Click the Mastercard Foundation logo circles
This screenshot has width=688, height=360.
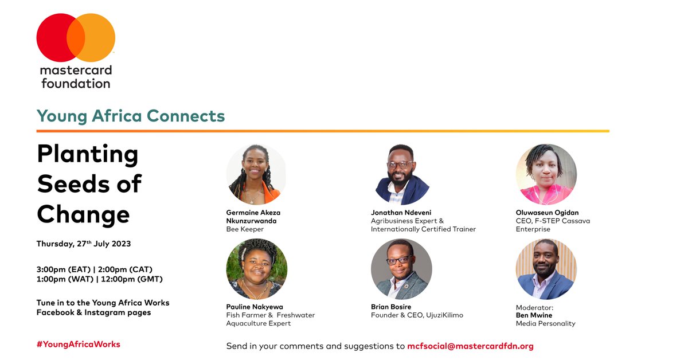[x=76, y=38]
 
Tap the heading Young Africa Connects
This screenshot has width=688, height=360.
[x=131, y=116]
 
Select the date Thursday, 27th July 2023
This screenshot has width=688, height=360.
[x=84, y=244]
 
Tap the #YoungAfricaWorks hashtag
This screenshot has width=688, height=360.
[x=79, y=344]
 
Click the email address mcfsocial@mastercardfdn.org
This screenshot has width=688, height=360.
[x=470, y=346]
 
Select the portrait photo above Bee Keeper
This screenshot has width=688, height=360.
[x=256, y=174]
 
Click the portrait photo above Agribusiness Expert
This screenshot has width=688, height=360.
[x=401, y=174]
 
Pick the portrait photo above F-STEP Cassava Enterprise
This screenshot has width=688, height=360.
[x=546, y=174]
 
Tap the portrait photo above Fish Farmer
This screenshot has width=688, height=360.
[x=256, y=269]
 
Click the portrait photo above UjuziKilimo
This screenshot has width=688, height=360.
[x=401, y=269]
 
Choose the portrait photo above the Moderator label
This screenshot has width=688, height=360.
[x=546, y=269]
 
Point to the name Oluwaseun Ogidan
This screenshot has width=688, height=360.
[x=547, y=213]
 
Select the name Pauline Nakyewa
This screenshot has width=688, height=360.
[x=255, y=307]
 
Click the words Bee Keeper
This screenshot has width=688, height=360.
[x=245, y=229]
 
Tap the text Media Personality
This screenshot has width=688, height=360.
[x=545, y=323]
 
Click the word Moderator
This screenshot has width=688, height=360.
[x=535, y=307]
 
